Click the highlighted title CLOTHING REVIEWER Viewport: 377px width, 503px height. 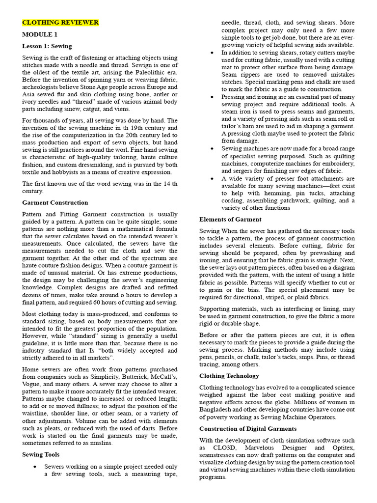(x=60, y=23)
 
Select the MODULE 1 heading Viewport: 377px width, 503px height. (x=40, y=34)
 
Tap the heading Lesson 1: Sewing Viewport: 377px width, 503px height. (x=47, y=46)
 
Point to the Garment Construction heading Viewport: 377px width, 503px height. (x=55, y=202)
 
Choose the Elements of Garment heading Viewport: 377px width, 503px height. (x=230, y=219)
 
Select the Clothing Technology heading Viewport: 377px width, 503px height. (x=229, y=376)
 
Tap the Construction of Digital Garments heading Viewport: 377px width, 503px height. (x=248, y=428)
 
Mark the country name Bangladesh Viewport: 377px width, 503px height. (x=217, y=410)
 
